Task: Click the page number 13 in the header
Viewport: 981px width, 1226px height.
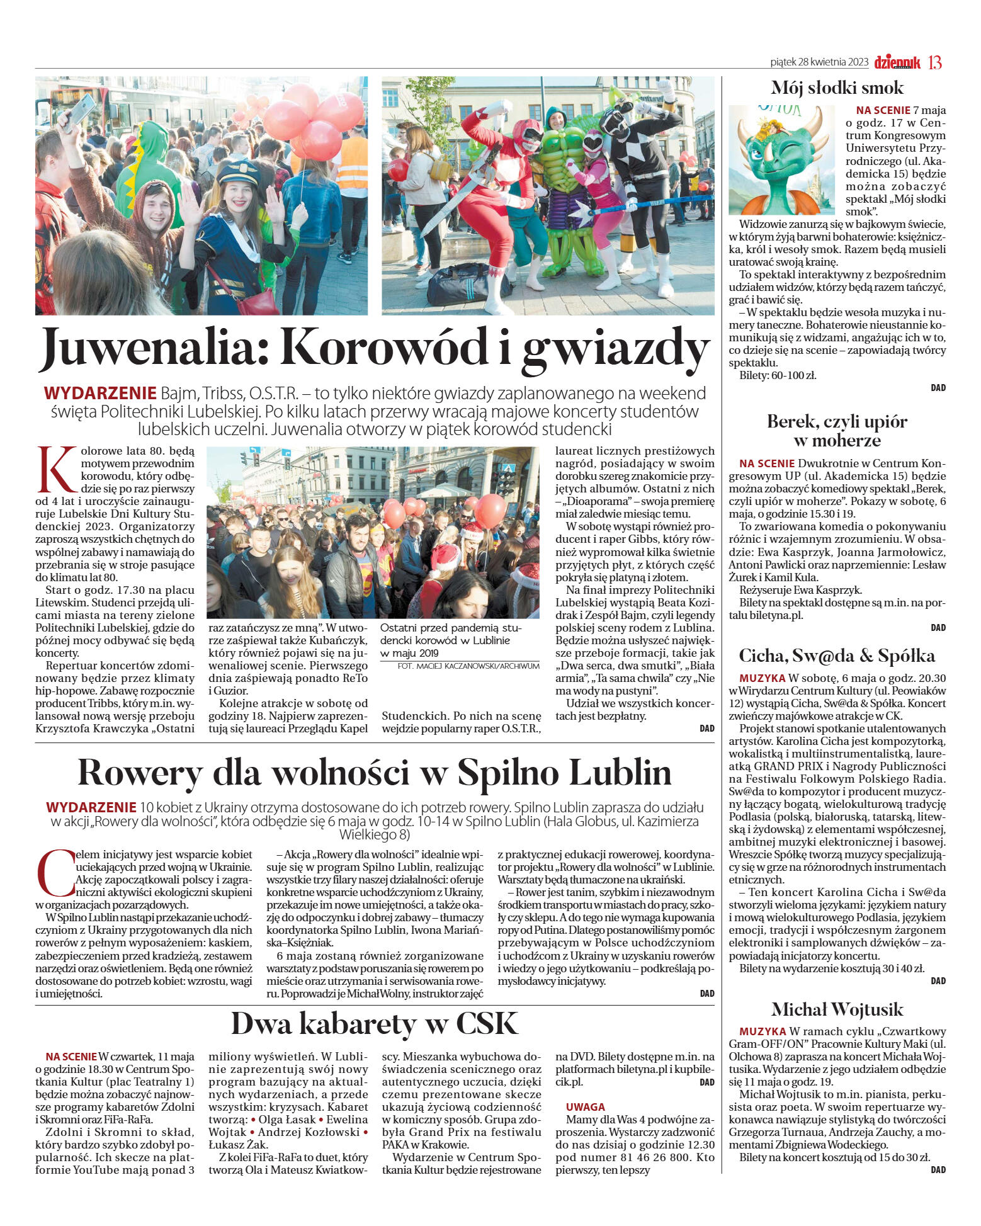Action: point(935,62)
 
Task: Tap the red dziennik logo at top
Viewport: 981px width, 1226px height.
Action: point(897,62)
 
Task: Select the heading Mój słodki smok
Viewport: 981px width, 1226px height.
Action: point(837,88)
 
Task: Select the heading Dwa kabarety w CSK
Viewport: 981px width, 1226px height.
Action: point(375,1024)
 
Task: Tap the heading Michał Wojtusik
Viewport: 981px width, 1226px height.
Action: point(837,1009)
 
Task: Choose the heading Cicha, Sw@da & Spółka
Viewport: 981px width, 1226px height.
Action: point(837,656)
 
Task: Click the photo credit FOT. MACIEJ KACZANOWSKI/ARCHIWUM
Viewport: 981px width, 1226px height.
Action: point(468,666)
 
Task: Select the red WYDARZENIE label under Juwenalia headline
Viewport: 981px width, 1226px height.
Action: point(100,394)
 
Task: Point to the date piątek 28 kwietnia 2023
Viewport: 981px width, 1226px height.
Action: point(819,62)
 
